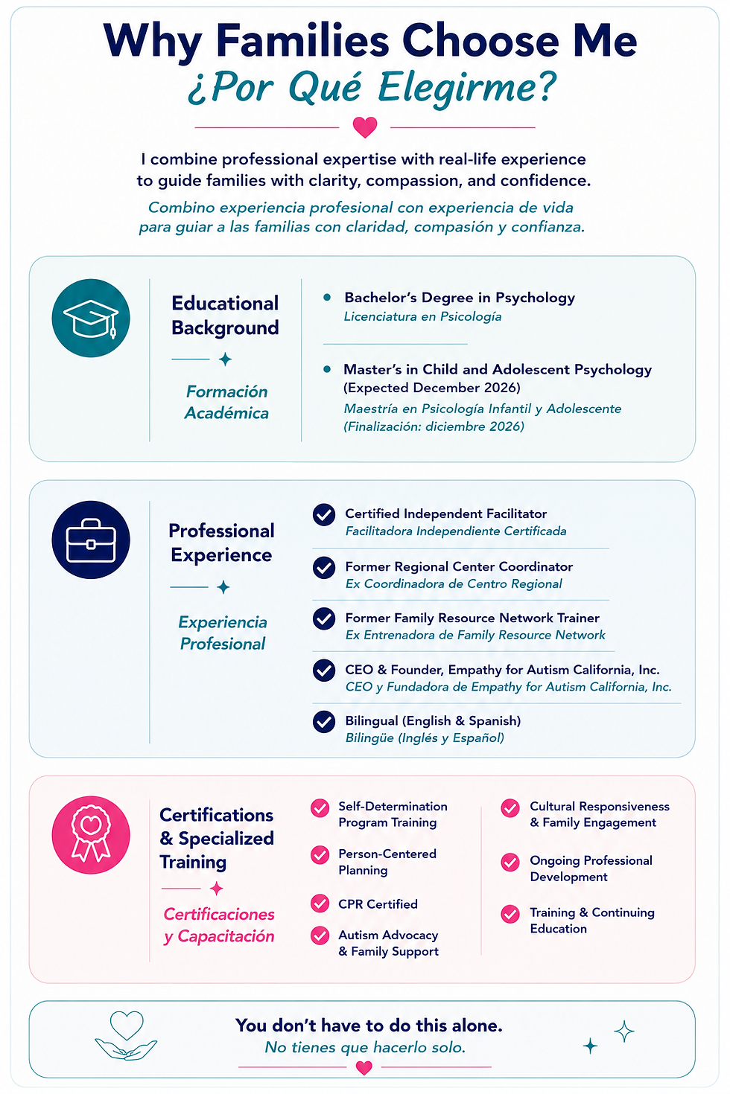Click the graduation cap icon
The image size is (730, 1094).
(91, 318)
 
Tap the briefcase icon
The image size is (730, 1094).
(91, 540)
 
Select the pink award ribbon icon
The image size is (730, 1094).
(91, 835)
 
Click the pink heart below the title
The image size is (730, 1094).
(365, 127)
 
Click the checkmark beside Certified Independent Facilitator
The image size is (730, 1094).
(324, 515)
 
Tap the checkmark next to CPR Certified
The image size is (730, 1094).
(320, 903)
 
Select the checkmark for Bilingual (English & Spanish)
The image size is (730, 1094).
(324, 722)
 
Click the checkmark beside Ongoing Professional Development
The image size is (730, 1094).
(510, 863)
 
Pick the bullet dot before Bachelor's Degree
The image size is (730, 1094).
(327, 297)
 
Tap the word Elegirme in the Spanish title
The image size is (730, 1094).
(467, 88)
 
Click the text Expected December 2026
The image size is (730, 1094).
(432, 388)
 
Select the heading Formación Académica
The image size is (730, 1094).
(226, 402)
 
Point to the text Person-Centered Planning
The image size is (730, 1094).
(387, 862)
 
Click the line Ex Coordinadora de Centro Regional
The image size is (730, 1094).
(454, 583)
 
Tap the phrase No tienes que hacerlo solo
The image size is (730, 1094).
(365, 1047)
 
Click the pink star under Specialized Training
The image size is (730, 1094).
(217, 889)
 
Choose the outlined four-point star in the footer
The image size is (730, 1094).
(624, 1031)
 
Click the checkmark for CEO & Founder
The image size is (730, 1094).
(324, 671)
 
